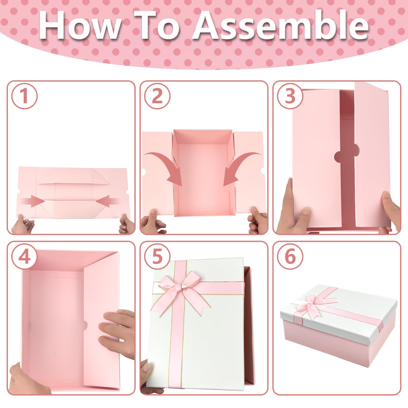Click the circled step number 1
click(x=25, y=96)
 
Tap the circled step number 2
click(x=157, y=96)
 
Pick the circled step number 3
click(x=290, y=96)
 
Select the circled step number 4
click(x=25, y=257)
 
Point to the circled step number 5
click(x=157, y=257)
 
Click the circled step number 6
click(x=290, y=257)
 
